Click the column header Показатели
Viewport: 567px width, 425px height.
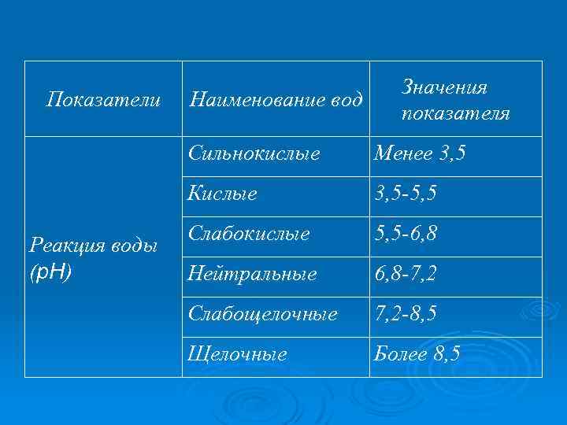pos(104,100)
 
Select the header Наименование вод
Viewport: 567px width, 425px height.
pos(276,100)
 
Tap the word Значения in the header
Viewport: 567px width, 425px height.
pos(444,87)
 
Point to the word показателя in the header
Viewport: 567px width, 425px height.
pos(455,113)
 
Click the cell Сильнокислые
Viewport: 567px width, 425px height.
pos(254,153)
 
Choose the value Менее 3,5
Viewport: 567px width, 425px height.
pos(420,153)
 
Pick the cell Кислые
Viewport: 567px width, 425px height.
pos(223,194)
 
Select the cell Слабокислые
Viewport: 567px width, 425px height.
pos(249,234)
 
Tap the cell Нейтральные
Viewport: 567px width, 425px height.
pos(252,274)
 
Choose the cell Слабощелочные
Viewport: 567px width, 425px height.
pos(263,313)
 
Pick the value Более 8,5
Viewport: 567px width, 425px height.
pos(417,354)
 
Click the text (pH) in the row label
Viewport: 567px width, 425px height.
pos(50,272)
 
